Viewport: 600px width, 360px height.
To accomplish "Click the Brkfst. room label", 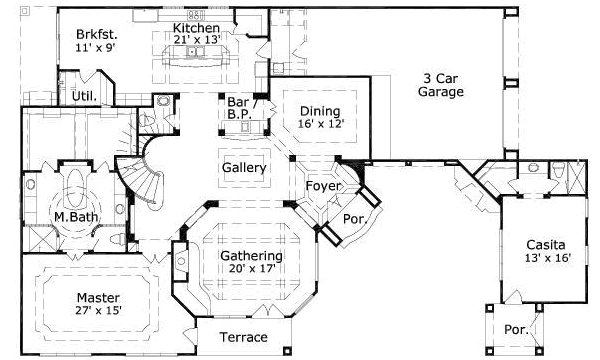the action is [x=96, y=34].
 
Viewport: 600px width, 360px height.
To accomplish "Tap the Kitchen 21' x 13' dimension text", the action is [x=197, y=40].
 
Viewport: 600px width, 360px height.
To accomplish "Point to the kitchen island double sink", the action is [x=197, y=51].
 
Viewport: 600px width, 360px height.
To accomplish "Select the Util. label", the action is [x=84, y=96].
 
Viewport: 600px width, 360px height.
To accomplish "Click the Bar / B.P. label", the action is [x=240, y=108].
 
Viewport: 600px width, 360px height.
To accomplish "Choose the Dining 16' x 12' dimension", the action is [x=321, y=124].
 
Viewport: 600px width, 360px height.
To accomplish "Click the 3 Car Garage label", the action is [x=441, y=85].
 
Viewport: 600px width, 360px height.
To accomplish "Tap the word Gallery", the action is [x=244, y=168].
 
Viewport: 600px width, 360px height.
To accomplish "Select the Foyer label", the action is [x=323, y=186].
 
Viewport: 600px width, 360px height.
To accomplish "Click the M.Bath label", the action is [x=76, y=217].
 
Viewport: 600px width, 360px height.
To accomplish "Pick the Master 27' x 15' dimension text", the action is [x=99, y=310].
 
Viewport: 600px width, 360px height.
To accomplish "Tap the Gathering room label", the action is [x=251, y=256].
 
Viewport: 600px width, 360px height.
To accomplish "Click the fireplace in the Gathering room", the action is [x=180, y=262].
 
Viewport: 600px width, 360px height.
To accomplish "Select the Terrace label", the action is [x=243, y=337].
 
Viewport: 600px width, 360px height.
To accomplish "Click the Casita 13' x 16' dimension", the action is [x=548, y=258].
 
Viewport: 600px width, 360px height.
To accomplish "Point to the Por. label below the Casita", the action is [x=516, y=329].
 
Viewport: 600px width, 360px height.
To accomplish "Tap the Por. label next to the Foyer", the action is [x=355, y=219].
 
